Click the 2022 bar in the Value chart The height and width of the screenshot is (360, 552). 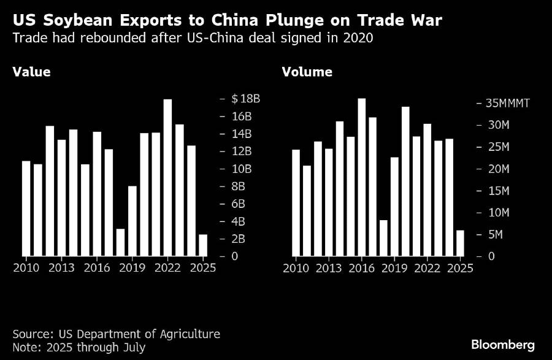[x=167, y=177]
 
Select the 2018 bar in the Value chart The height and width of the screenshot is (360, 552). [x=120, y=242]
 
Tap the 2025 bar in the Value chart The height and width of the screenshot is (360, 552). [x=202, y=245]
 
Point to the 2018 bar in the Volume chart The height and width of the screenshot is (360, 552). [x=384, y=237]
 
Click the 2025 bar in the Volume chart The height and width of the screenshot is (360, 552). [x=460, y=243]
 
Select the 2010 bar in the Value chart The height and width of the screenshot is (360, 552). [x=26, y=208]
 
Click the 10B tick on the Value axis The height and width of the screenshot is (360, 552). [x=241, y=169]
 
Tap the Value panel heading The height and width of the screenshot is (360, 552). [x=31, y=72]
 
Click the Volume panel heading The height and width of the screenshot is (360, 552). [x=307, y=72]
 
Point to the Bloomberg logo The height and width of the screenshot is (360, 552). [x=502, y=345]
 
